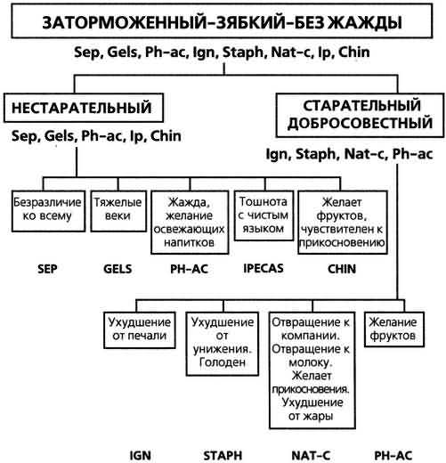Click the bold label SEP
(x=47, y=269)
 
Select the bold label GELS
(x=118, y=269)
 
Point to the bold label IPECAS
(x=264, y=268)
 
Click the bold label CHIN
(x=342, y=269)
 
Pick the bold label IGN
(x=141, y=456)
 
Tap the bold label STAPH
(x=223, y=456)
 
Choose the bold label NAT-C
(x=311, y=456)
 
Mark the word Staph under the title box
(x=243, y=53)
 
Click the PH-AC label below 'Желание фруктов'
(x=393, y=456)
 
